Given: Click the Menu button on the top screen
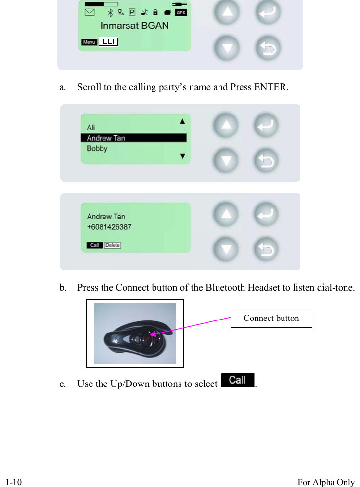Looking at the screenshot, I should [x=89, y=42].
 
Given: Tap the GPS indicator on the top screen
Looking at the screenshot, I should [x=180, y=13].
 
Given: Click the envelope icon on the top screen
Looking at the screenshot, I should [x=90, y=13].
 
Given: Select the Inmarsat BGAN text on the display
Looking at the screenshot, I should [x=134, y=26].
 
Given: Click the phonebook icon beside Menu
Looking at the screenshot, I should [x=109, y=42].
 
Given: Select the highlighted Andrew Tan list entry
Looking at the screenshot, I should [x=133, y=138].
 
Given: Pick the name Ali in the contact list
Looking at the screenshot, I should [x=91, y=128].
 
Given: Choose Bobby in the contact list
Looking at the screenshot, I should [x=97, y=149].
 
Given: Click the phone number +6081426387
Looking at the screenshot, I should [x=109, y=227].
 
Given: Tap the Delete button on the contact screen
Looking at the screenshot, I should [x=113, y=245].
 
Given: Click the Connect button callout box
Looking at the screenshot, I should [x=271, y=318].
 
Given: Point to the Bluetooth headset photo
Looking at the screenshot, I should [x=135, y=333].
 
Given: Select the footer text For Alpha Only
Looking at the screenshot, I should [x=325, y=482].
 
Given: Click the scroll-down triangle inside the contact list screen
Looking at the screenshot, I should [x=182, y=156].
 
